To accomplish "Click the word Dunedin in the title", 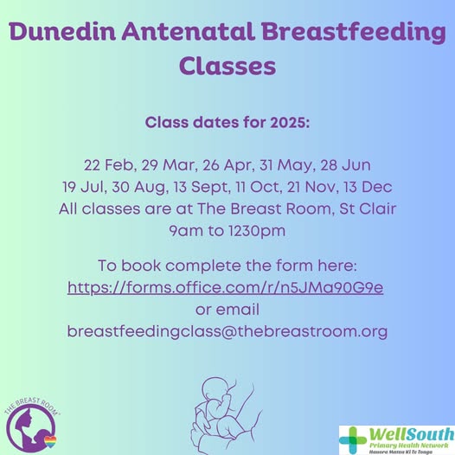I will pos(57,35).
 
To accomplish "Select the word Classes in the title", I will pos(227,66).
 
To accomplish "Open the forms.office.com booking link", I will pos(226,286).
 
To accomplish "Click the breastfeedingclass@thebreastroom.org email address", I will pos(227,331).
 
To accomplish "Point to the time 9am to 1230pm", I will pos(227,231).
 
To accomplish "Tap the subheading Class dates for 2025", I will pos(227,123).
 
